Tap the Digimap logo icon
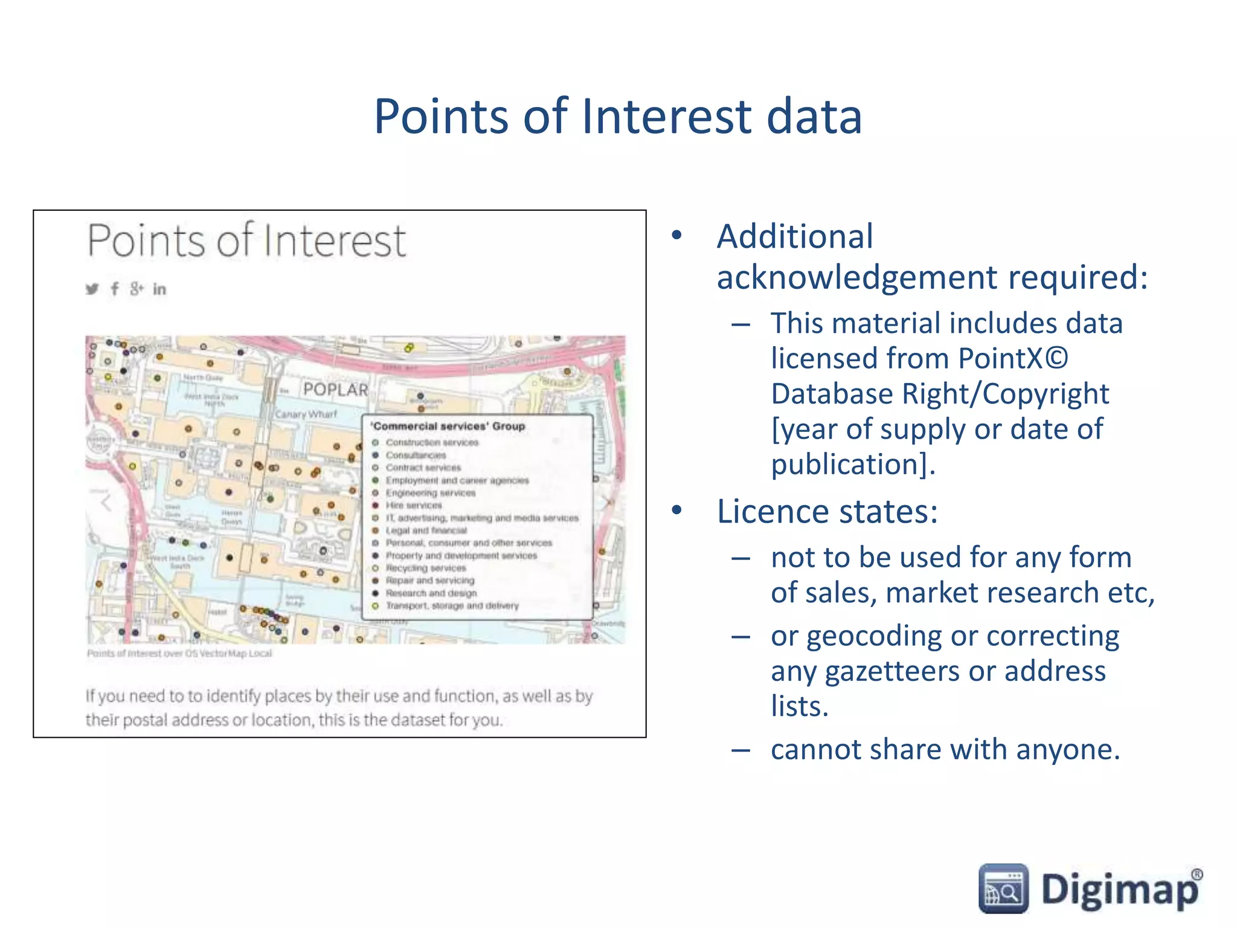click(1003, 888)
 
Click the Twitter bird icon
click(92, 289)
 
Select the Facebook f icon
click(114, 289)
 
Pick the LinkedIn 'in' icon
click(159, 289)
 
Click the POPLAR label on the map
click(335, 390)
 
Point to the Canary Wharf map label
click(306, 414)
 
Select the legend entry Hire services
click(414, 505)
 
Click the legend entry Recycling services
click(426, 568)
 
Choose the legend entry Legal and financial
click(426, 530)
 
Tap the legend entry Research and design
click(431, 593)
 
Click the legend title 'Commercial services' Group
click(448, 426)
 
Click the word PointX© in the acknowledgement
click(1013, 358)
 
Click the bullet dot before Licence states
click(677, 511)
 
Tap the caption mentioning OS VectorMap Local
click(179, 653)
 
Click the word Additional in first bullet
click(794, 236)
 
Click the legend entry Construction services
click(432, 442)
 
